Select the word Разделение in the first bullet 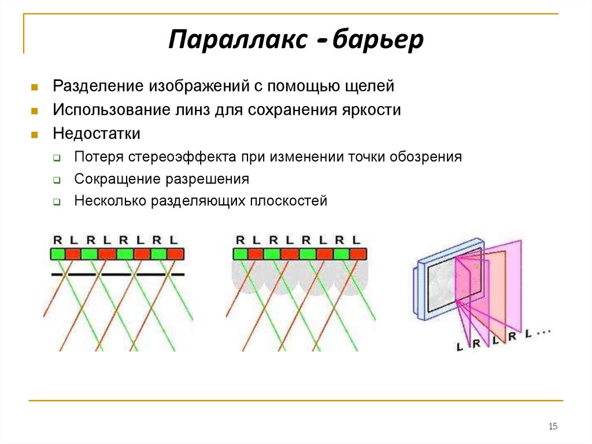tap(98, 86)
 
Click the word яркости tap(370, 110)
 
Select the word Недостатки tap(97, 134)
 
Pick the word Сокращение tap(117, 179)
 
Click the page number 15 tap(552, 427)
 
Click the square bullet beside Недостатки tap(35, 134)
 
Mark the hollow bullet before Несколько tap(57, 202)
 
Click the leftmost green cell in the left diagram tap(57, 254)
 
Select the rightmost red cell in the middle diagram tap(358, 254)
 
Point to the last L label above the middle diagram tap(356, 239)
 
